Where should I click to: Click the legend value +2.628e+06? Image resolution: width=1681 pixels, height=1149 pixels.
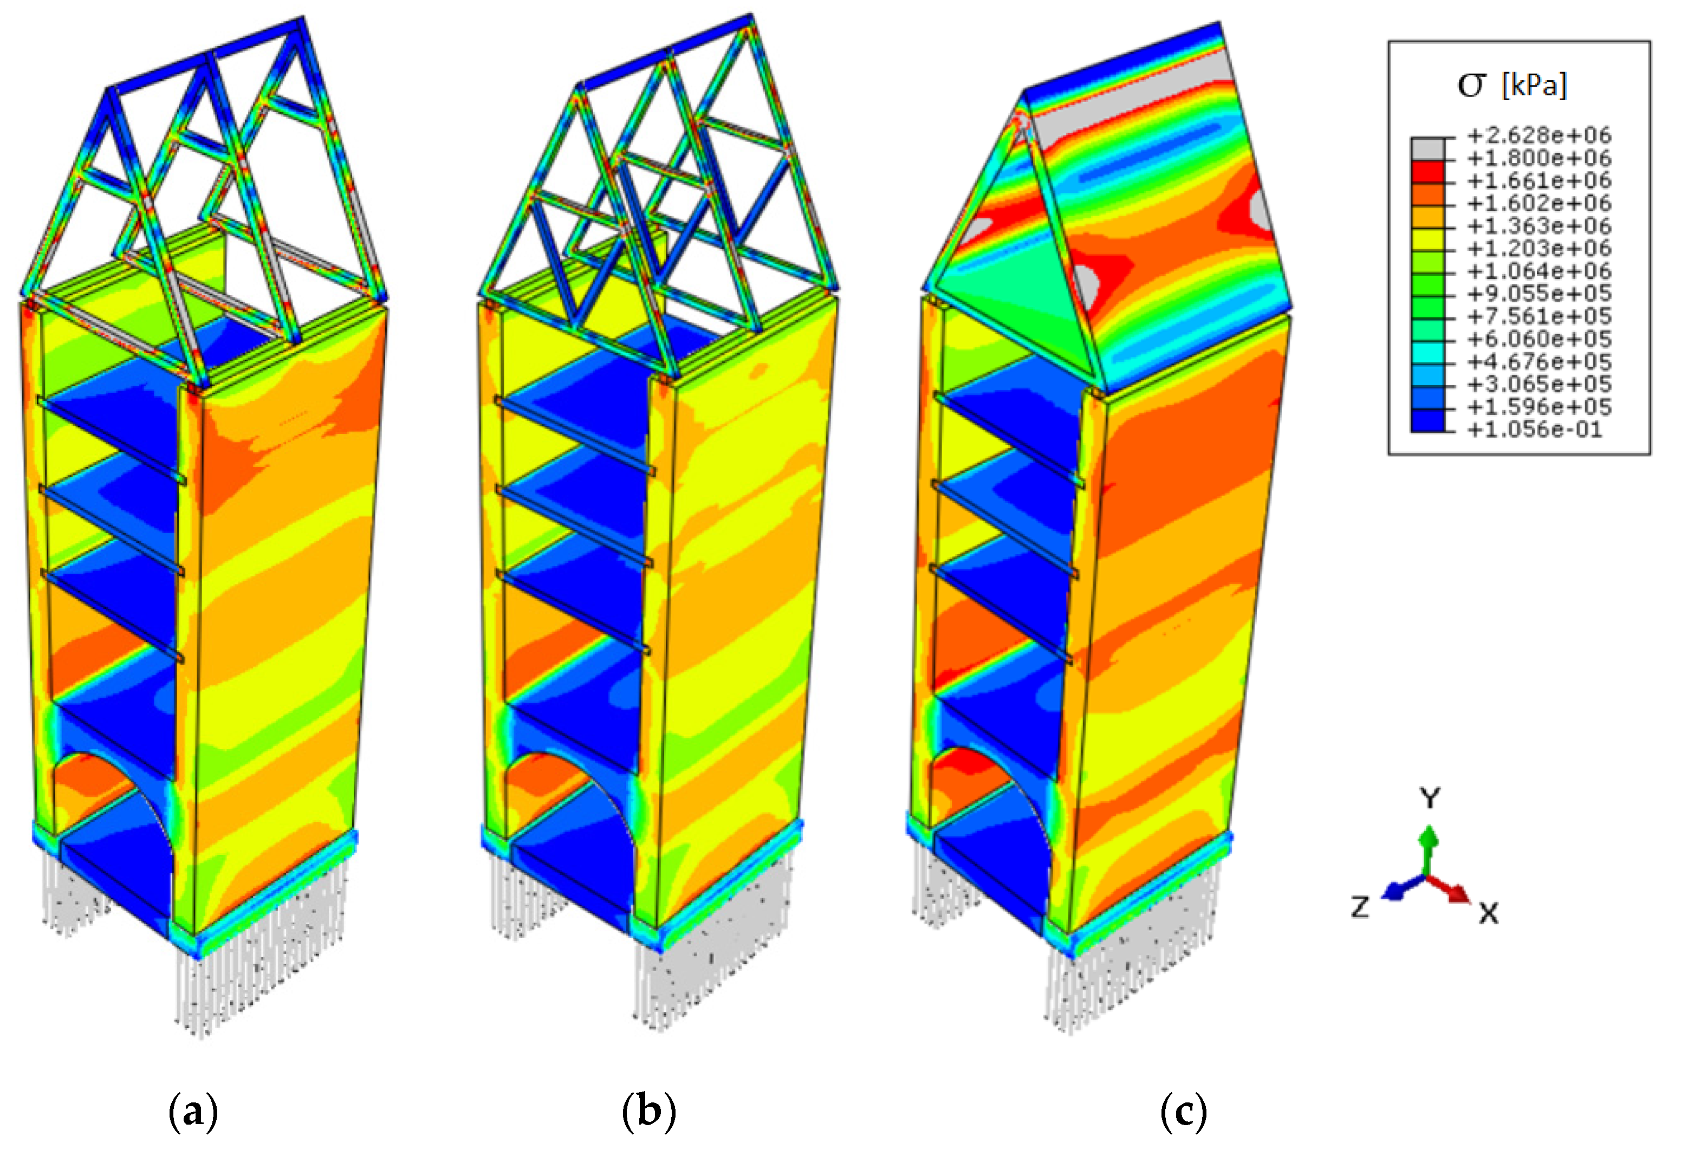1539,135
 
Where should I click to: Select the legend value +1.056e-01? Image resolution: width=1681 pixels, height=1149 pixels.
1534,430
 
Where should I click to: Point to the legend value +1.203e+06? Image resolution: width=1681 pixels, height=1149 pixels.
1539,249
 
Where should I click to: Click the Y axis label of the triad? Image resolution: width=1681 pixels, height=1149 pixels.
1430,799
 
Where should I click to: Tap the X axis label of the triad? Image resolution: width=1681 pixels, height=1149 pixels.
1489,914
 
